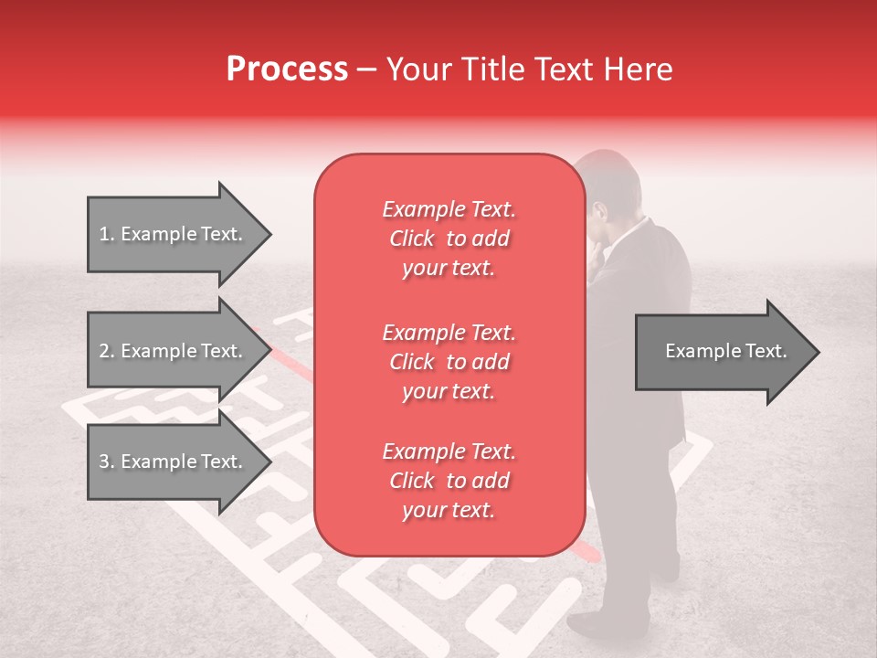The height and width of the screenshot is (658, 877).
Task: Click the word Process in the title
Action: point(287,69)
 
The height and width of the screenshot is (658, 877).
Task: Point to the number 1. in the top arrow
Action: point(107,234)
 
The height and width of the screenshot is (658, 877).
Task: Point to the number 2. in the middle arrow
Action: point(107,351)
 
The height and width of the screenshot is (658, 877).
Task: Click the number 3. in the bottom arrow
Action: point(107,462)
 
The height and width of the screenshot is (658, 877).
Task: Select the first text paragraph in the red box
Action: point(449,239)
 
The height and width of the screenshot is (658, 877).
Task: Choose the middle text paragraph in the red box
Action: point(449,362)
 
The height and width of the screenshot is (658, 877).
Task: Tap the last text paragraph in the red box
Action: point(449,481)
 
